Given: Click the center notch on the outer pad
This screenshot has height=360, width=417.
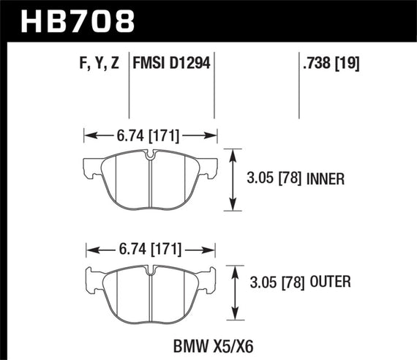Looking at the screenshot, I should click(150, 271).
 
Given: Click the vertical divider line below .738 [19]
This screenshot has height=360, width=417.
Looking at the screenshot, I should click(301, 95).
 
